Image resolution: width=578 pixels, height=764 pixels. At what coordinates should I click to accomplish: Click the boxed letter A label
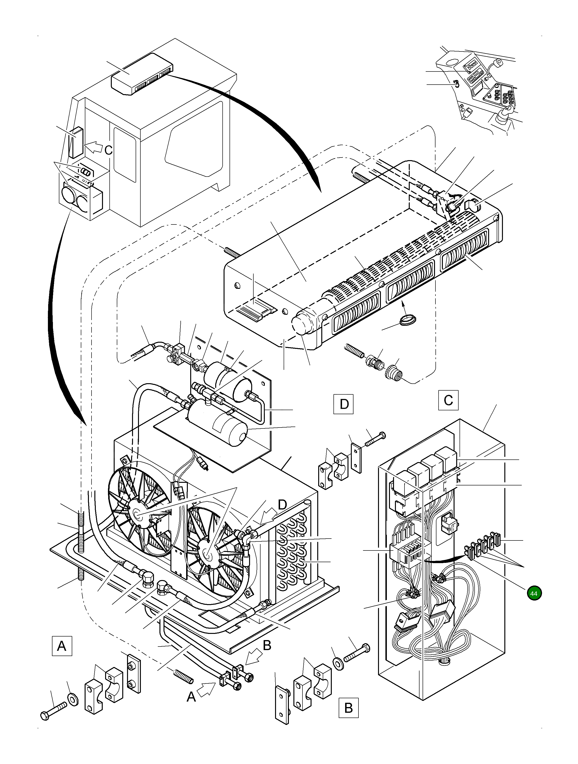[61, 646]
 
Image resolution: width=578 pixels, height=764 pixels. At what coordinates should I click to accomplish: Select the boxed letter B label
[348, 717]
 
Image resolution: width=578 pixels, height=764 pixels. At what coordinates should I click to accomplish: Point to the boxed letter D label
[343, 403]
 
